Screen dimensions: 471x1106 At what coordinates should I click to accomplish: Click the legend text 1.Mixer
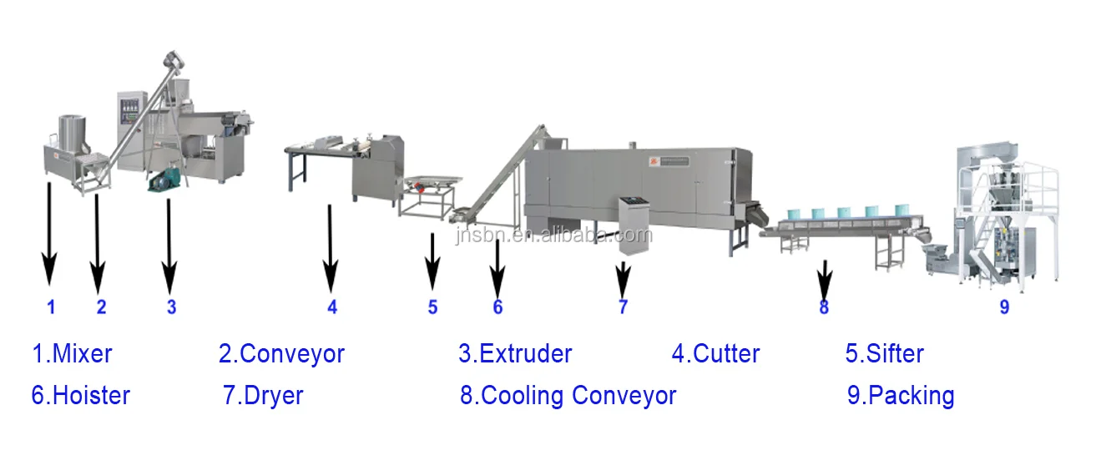(x=72, y=354)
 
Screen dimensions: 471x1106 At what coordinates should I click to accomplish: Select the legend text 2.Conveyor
(x=281, y=354)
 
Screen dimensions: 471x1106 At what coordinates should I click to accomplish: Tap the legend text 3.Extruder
(x=515, y=354)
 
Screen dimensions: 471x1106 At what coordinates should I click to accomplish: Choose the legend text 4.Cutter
(x=715, y=354)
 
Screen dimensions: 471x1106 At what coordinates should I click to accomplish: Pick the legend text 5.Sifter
(x=884, y=354)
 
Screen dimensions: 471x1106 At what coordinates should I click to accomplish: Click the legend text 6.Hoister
(x=81, y=395)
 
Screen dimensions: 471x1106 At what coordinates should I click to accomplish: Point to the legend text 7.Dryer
(x=263, y=395)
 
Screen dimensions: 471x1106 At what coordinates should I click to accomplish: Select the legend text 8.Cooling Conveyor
(x=568, y=395)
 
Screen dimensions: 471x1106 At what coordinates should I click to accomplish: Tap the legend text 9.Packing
(x=901, y=395)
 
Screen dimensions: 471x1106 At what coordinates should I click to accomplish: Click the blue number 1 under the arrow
(x=51, y=307)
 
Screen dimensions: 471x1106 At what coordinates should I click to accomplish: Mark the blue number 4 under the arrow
(x=332, y=307)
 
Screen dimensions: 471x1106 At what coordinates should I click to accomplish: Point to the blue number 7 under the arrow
(x=623, y=307)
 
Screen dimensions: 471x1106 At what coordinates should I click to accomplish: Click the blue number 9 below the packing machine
(x=1004, y=307)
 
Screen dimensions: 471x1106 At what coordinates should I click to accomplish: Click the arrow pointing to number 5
(x=432, y=261)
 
